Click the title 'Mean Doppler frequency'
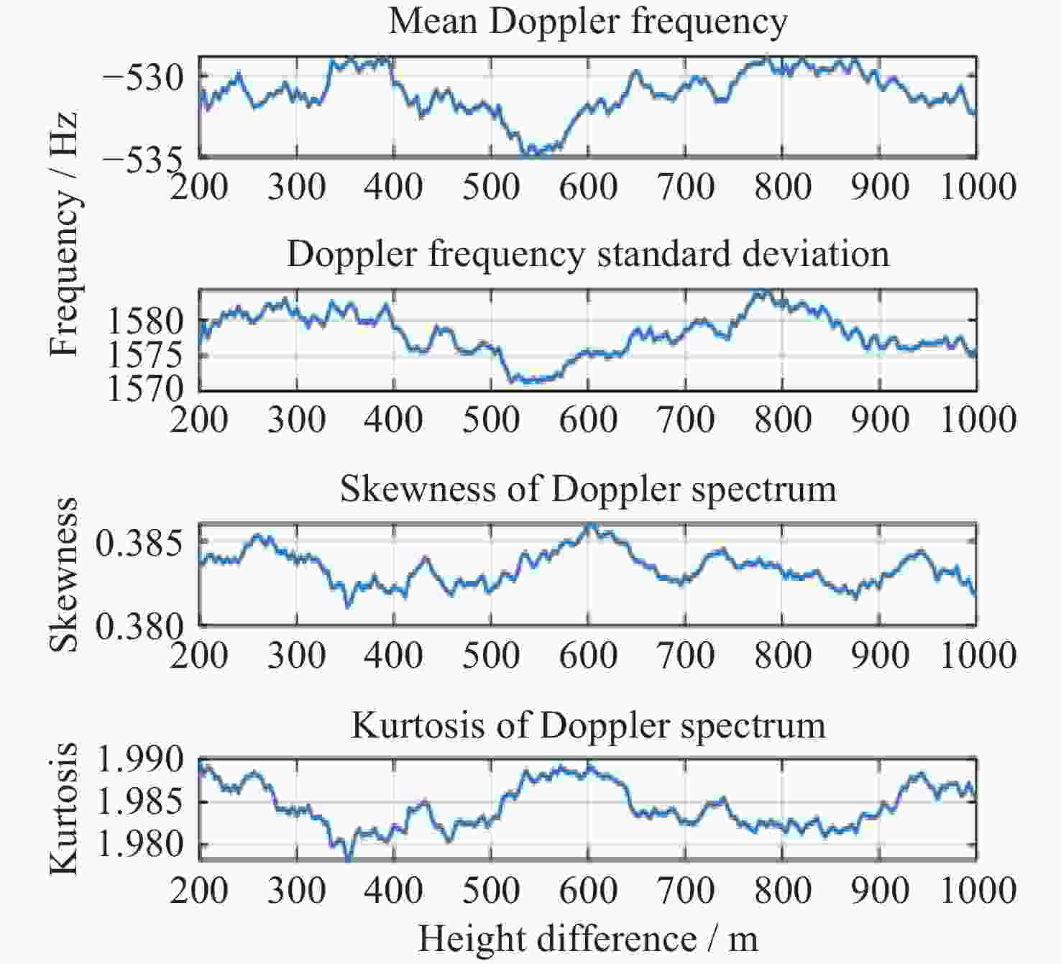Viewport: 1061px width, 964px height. click(587, 22)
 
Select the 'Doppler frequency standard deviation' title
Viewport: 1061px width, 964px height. click(587, 254)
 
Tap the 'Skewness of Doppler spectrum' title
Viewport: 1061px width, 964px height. click(587, 490)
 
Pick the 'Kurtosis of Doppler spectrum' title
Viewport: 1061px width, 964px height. click(587, 725)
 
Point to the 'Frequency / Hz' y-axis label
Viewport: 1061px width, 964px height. click(63, 234)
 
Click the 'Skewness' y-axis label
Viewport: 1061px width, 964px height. click(63, 574)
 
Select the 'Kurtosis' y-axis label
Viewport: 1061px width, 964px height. click(63, 809)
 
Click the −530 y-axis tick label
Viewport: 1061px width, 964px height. click(143, 76)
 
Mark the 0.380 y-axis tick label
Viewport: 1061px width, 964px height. click(139, 627)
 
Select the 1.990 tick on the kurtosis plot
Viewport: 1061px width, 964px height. click(139, 760)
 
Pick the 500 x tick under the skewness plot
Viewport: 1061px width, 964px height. click(491, 656)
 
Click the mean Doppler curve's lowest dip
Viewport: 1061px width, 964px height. click(530, 153)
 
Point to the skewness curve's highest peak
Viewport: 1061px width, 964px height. click(590, 525)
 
